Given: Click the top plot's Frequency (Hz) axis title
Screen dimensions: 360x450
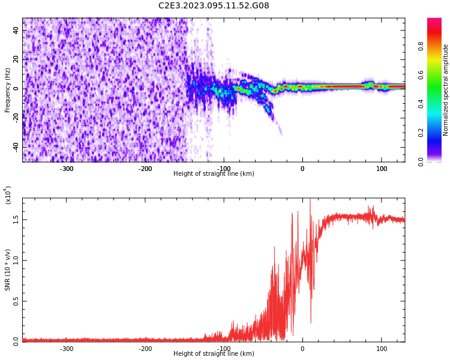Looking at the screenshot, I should point(8,90).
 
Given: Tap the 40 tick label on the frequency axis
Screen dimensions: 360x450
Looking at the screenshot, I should point(16,31).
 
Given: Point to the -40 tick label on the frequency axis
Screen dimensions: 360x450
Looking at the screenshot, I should point(14,147).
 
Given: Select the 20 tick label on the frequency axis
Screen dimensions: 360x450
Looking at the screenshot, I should point(16,59).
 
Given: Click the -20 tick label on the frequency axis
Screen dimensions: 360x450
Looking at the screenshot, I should point(14,118).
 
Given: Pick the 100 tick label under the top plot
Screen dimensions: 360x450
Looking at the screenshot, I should point(382,169).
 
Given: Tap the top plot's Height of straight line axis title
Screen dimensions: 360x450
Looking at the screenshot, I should point(214,174).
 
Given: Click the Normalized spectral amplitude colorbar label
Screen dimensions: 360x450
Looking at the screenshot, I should point(446,90).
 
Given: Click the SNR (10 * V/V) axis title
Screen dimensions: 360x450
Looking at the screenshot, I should point(8,270).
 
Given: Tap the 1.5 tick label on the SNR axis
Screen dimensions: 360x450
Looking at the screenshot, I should point(16,220).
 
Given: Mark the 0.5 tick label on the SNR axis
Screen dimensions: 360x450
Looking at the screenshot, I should point(16,301).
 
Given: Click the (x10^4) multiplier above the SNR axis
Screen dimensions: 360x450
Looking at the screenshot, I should point(8,194).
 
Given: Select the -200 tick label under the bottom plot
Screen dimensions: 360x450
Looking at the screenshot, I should point(145,349).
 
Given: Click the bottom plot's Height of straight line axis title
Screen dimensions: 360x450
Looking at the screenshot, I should point(214,354).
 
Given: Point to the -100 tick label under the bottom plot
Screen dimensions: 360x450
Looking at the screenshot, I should point(224,349).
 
